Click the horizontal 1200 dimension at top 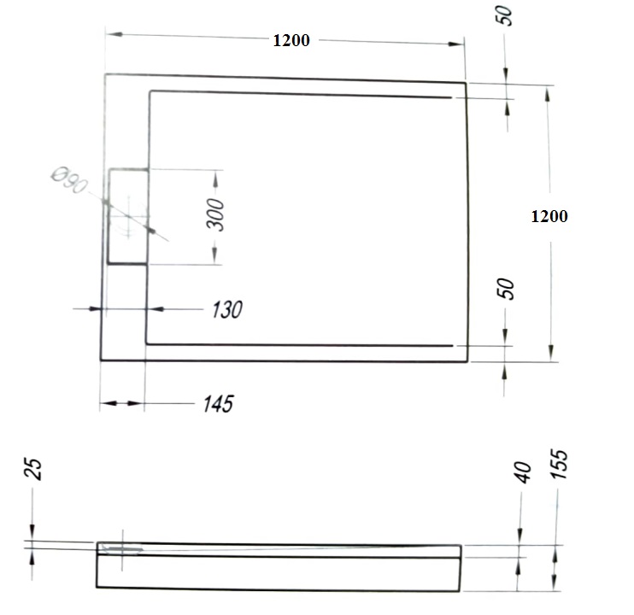(291, 40)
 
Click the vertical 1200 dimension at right (549, 216)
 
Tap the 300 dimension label (215, 214)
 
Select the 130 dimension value (227, 310)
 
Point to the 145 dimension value (219, 404)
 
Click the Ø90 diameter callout (69, 180)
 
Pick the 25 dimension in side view (34, 469)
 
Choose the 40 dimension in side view (523, 472)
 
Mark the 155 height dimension (560, 465)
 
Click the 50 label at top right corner (505, 16)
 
